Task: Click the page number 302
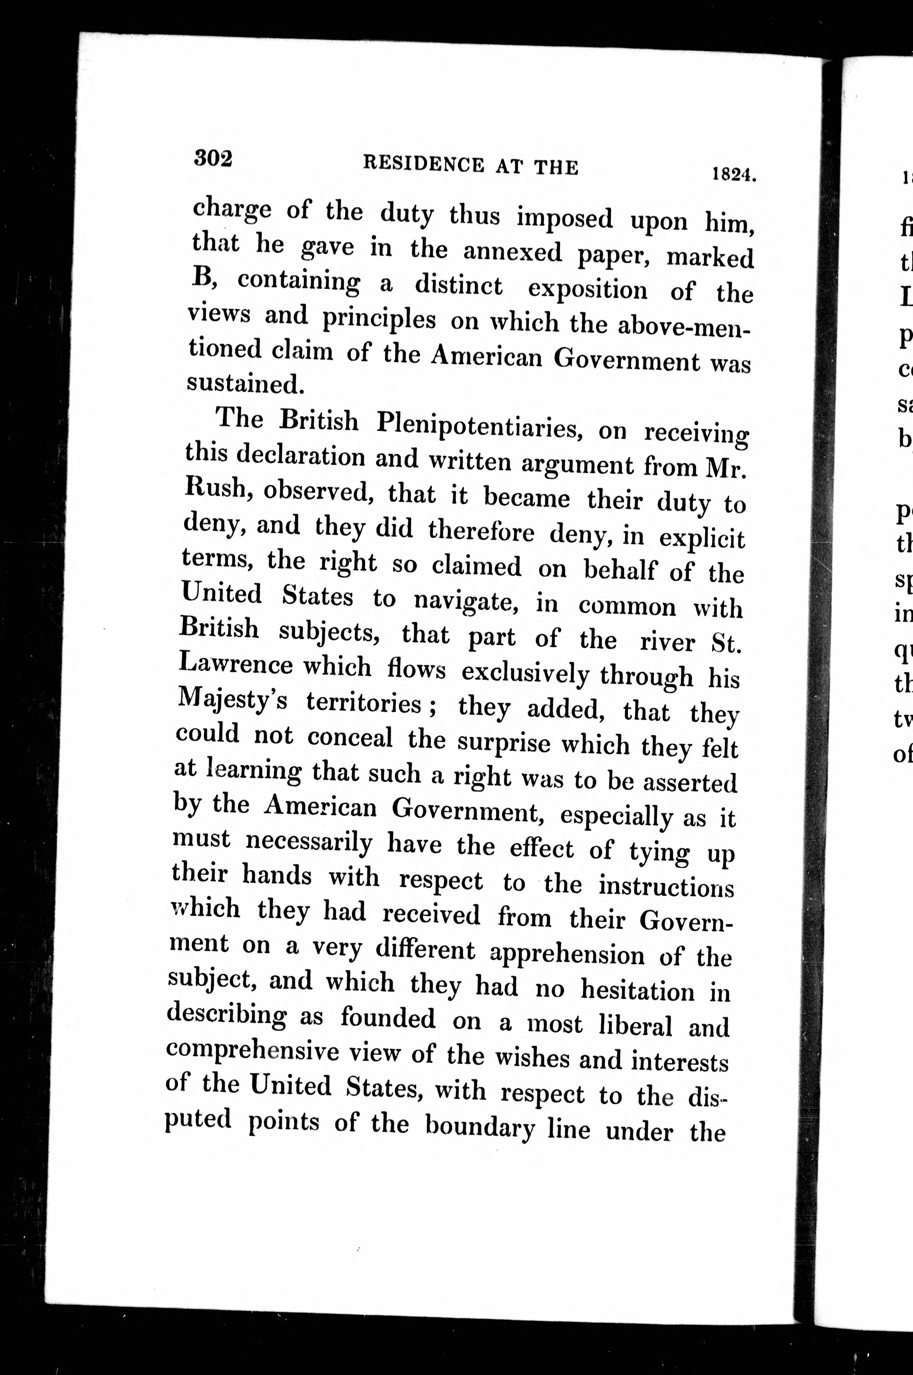point(213,158)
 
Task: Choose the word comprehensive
point(252,1051)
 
